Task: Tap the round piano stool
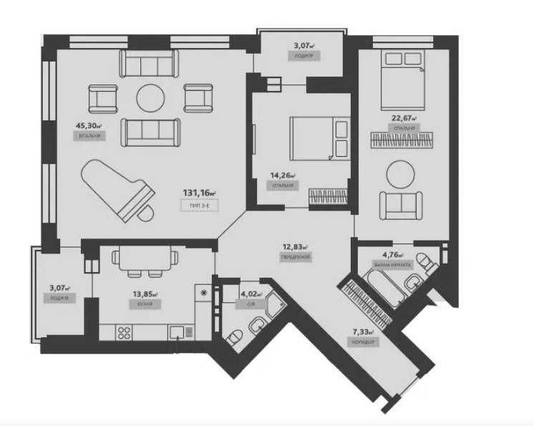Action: pos(147,213)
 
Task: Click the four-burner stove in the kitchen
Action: pos(122,332)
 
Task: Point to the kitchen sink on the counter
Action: pos(177,331)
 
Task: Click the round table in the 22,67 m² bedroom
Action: pos(400,174)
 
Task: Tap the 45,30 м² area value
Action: pos(89,123)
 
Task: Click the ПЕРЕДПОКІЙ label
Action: pos(296,256)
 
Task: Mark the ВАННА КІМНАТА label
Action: pos(392,265)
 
